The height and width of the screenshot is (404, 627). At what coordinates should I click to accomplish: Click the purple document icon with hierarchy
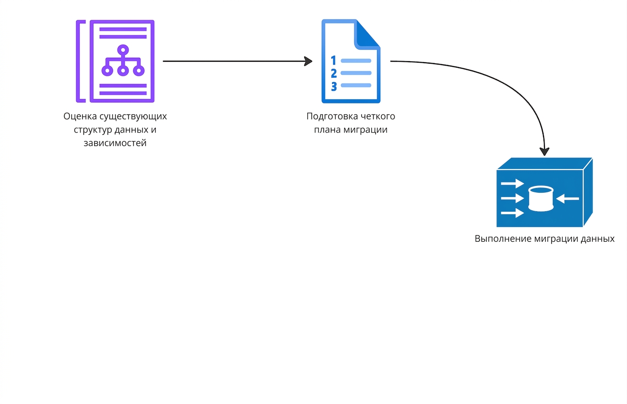115,61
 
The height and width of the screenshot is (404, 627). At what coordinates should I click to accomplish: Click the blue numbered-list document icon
351,61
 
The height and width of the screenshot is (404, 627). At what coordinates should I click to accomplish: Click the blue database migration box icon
544,192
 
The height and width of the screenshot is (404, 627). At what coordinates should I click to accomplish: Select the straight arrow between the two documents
237,61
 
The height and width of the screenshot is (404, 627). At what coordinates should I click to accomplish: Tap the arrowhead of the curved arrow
544,151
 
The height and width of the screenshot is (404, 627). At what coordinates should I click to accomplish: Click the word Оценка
80,116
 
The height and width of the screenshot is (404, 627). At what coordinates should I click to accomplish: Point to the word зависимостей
115,143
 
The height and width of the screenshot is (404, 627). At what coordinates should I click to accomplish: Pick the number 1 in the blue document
333,60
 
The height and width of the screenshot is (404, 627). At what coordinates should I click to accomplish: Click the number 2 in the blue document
334,73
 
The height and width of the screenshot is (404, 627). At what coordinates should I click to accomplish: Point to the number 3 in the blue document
334,86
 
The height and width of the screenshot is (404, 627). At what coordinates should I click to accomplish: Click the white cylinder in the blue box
541,198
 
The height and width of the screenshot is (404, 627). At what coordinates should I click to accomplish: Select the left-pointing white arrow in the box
567,199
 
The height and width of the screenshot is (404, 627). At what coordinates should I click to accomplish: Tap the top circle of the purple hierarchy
123,50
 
